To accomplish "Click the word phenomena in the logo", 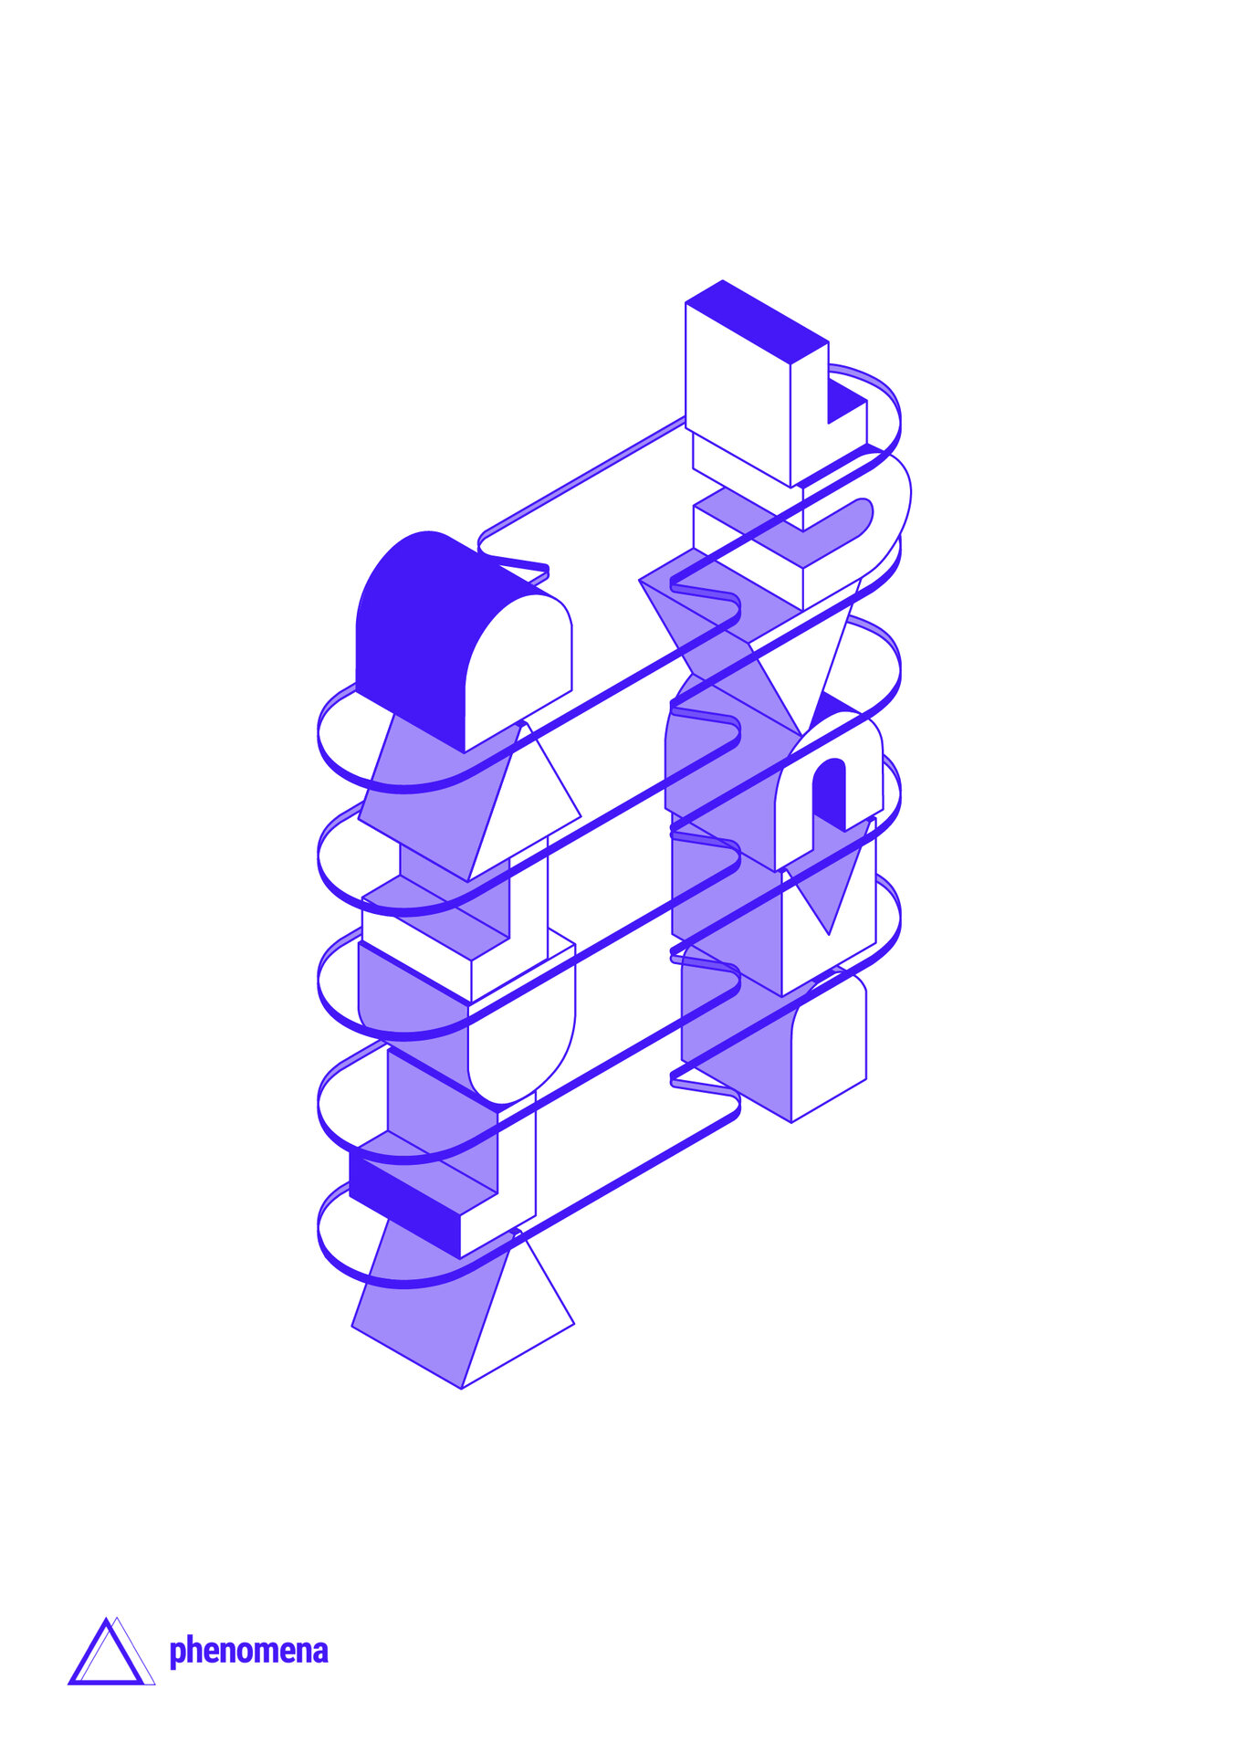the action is pos(248,1652).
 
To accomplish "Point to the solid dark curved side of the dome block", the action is pos(420,630).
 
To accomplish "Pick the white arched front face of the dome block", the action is pos(518,667).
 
